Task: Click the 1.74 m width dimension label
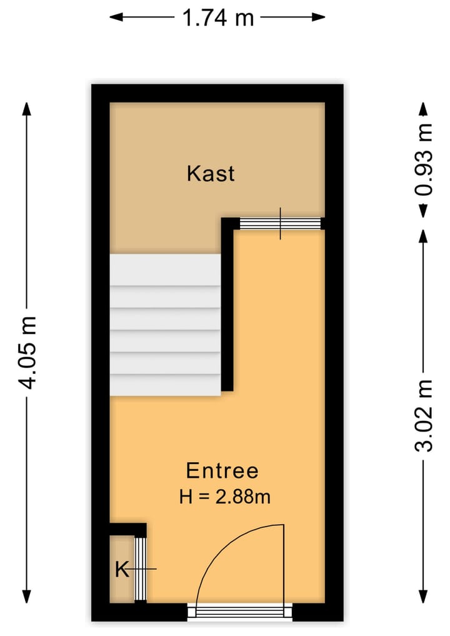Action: [x=218, y=18]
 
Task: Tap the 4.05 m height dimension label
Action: [x=27, y=352]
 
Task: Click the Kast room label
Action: [x=211, y=173]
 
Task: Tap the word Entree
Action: [x=222, y=470]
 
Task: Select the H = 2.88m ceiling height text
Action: [x=224, y=497]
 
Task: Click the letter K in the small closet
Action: [x=122, y=570]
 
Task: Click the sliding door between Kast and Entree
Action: [x=280, y=223]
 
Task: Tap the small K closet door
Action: [x=141, y=568]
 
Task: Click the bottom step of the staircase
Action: [x=165, y=384]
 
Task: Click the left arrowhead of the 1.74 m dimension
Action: [x=115, y=18]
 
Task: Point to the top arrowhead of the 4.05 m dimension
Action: [x=27, y=108]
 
